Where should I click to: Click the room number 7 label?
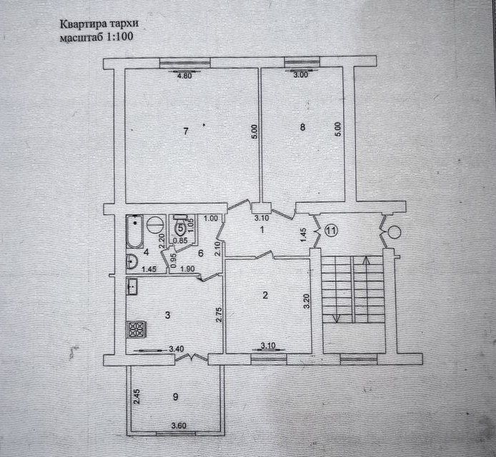click(x=186, y=131)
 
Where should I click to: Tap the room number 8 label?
click(x=303, y=127)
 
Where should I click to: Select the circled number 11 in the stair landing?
click(x=331, y=231)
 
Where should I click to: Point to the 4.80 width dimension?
click(x=185, y=76)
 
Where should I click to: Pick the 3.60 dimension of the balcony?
click(x=179, y=426)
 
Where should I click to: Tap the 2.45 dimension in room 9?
click(x=137, y=396)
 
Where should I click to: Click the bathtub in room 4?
click(x=135, y=231)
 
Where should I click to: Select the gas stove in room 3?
click(x=137, y=330)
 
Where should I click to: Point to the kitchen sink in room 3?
click(x=132, y=287)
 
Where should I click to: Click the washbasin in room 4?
click(x=132, y=262)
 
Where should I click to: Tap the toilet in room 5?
click(x=181, y=226)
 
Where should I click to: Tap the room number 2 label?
click(x=265, y=295)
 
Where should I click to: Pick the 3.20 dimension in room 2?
click(x=306, y=302)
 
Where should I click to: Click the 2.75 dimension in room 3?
click(x=219, y=315)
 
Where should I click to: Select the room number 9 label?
click(x=176, y=396)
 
